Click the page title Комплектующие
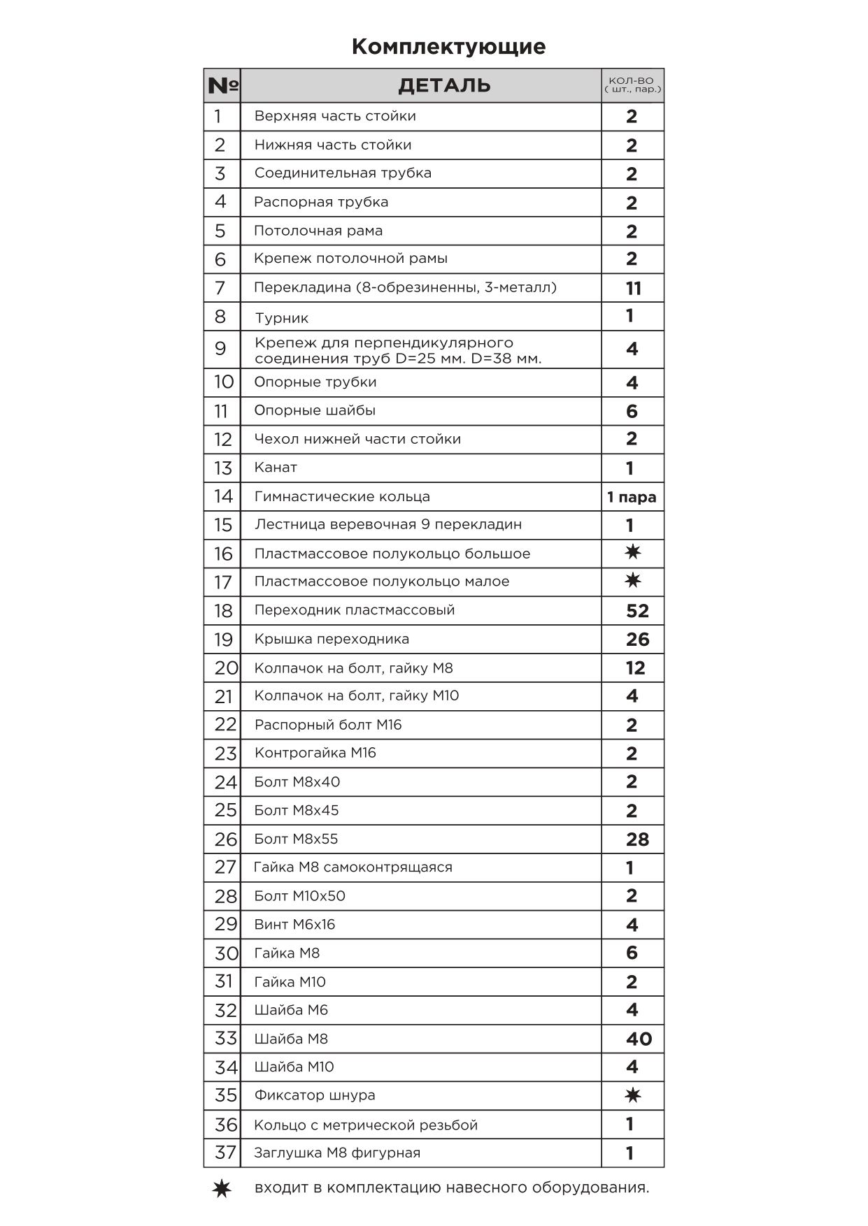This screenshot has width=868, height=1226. (x=448, y=47)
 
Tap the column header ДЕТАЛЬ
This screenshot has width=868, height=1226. (x=444, y=86)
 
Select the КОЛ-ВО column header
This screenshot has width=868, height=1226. (x=632, y=85)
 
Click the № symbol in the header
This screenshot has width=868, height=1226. (x=222, y=86)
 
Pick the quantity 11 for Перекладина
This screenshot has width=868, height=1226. (x=633, y=288)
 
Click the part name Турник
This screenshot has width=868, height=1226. (x=281, y=318)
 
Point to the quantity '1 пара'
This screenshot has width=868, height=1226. (x=632, y=497)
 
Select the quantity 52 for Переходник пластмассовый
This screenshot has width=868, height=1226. (x=637, y=611)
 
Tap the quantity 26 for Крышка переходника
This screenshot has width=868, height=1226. (x=637, y=640)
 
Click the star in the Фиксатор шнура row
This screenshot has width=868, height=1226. (x=632, y=1095)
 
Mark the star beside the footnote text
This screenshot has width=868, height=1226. (x=222, y=1188)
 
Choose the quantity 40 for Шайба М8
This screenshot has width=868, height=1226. (x=639, y=1039)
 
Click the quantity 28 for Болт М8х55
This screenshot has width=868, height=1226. (x=637, y=839)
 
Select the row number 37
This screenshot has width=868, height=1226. (x=225, y=1153)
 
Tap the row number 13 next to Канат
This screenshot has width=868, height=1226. (x=222, y=468)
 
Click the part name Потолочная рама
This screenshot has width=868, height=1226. (x=318, y=231)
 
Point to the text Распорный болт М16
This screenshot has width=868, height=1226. (x=328, y=725)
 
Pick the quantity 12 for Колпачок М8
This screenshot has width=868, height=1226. (x=635, y=668)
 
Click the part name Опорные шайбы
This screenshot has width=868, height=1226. (x=315, y=410)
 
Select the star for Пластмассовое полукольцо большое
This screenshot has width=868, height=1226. (x=632, y=552)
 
